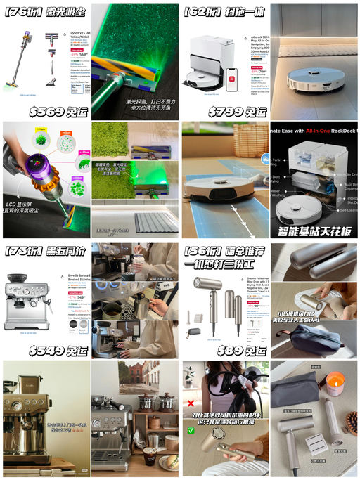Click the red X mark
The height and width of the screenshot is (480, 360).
click(x=191, y=404)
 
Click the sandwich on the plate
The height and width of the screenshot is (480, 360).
click(x=167, y=463)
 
